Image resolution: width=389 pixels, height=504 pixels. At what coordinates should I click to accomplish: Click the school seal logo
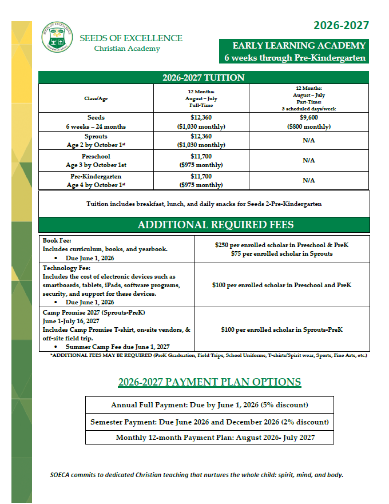coord(57,38)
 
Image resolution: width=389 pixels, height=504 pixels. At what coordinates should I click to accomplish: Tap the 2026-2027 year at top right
coord(341,25)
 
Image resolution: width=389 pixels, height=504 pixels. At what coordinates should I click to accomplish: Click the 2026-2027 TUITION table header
coord(204,78)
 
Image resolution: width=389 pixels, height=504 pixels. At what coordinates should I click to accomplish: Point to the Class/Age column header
coord(96,98)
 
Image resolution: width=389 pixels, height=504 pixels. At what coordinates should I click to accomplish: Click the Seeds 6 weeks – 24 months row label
coord(96,122)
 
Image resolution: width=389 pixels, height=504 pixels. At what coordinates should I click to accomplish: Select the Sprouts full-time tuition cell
coord(201,141)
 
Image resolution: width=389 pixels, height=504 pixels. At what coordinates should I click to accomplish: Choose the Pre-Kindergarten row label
coord(96,181)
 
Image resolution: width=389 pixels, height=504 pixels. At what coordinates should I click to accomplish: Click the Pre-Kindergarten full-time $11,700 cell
coord(201,181)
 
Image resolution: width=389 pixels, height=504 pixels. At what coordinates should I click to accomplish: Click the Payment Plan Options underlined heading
coord(209,382)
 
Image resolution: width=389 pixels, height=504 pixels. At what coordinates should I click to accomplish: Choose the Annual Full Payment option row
coord(209,405)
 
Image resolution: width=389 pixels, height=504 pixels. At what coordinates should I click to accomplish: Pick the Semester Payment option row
coord(209,422)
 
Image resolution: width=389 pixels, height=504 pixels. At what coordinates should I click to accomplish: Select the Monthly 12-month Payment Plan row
coord(209,438)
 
